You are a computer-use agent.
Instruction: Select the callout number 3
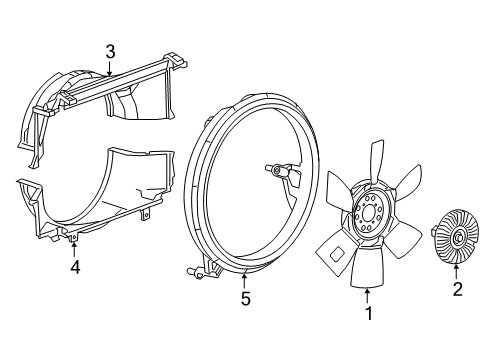pyautogui.click(x=111, y=51)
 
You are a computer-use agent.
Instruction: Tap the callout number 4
pyautogui.click(x=74, y=267)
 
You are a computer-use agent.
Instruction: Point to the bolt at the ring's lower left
pyautogui.click(x=191, y=271)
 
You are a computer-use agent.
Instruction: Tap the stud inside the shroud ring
pyautogui.click(x=276, y=173)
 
